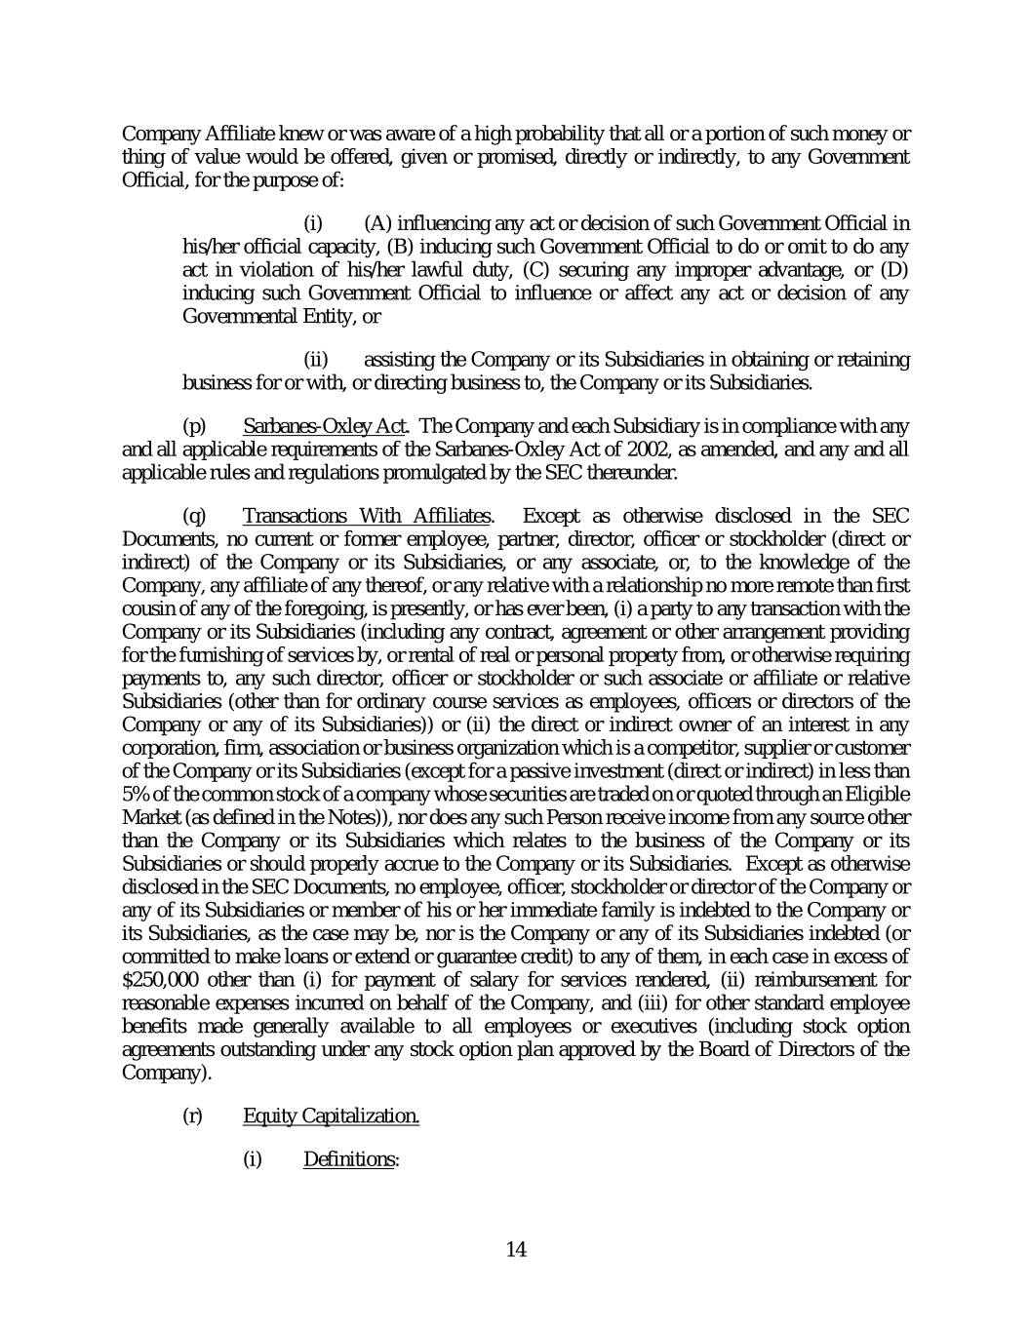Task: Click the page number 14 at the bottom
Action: pyautogui.click(x=516, y=1250)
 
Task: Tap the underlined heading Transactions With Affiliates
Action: pyautogui.click(x=367, y=516)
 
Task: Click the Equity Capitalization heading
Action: pyautogui.click(x=331, y=1116)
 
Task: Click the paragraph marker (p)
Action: pyautogui.click(x=194, y=426)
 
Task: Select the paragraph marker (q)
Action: pyautogui.click(x=194, y=516)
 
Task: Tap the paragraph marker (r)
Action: pyautogui.click(x=193, y=1116)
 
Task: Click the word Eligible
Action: pyautogui.click(x=876, y=794)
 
